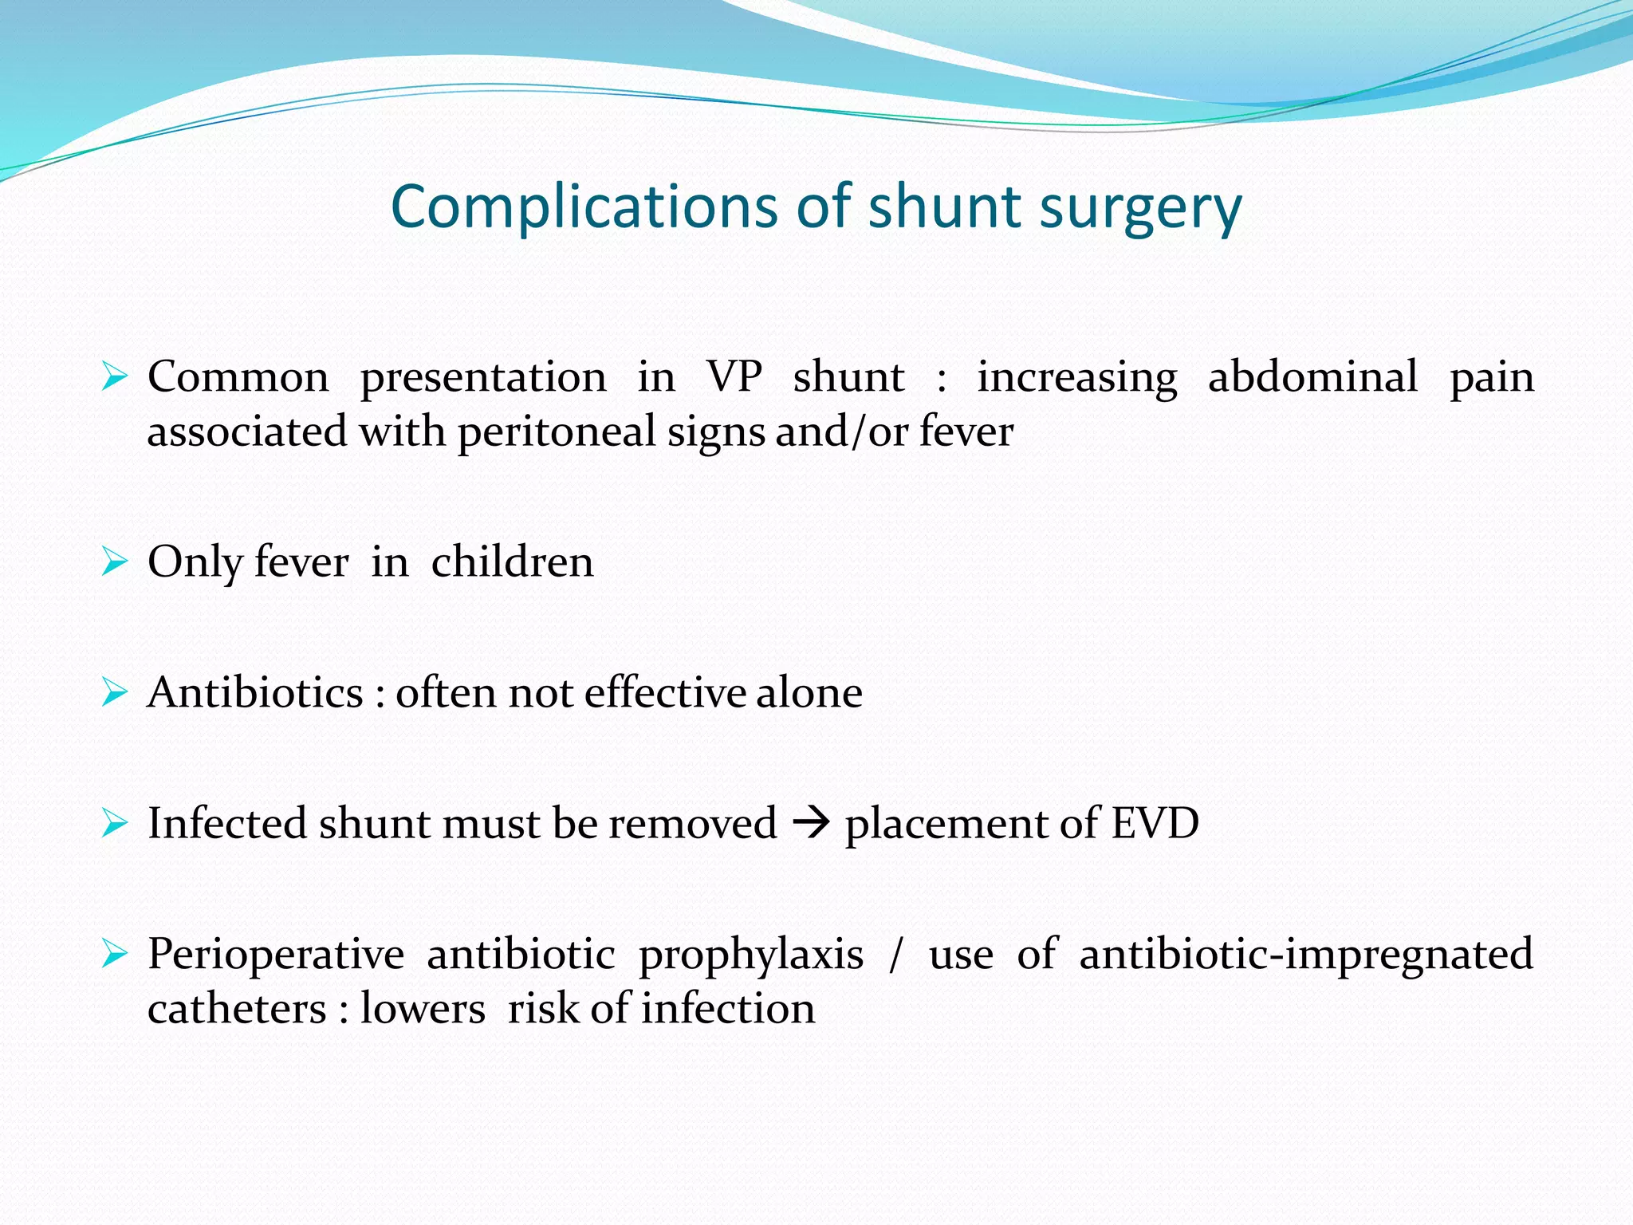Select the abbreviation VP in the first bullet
pos(734,376)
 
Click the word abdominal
pos(1312,376)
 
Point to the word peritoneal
pos(557,432)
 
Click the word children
pos(512,561)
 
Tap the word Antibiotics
pos(255,692)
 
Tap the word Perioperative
pos(276,955)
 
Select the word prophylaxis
pos(750,955)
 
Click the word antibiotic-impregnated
pos(1306,955)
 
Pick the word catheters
pos(237,1009)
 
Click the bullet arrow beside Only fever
pos(115,562)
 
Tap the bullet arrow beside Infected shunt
pos(115,823)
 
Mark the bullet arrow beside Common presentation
pos(115,376)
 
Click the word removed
pos(692,823)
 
